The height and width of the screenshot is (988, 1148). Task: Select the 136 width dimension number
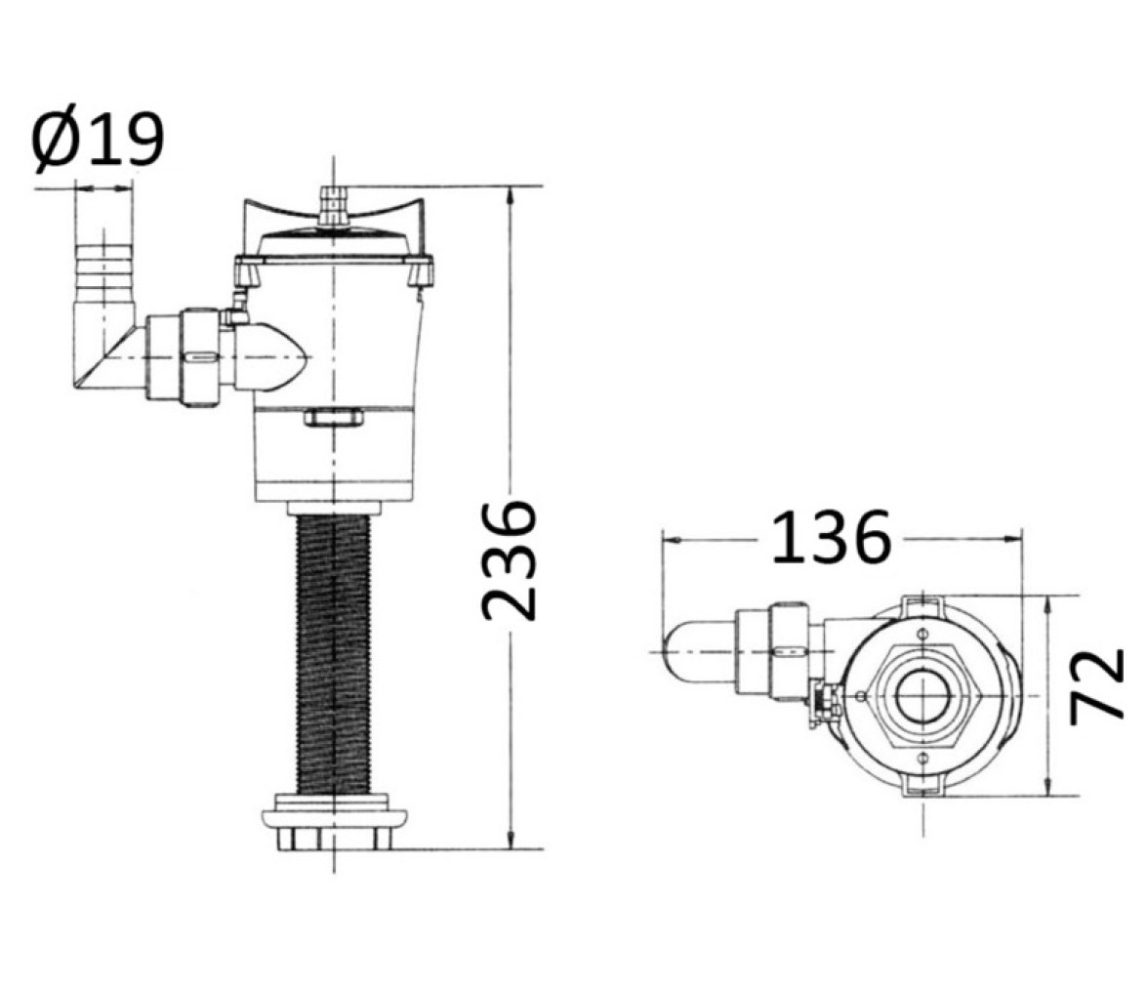[x=831, y=538]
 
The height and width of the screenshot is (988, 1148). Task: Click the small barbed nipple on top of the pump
[x=334, y=206]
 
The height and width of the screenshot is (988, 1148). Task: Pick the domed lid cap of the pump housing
[x=334, y=241]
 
